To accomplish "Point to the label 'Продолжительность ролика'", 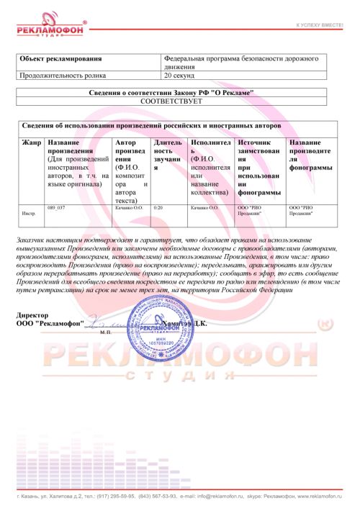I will pos(63,74).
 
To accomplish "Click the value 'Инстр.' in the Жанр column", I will pos(30,214).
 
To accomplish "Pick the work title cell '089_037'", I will pos(56,207).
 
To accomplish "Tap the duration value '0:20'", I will pos(158,207).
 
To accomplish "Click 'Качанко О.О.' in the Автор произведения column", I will pos(130,207).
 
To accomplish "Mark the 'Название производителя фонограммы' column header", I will pos(310,155).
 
